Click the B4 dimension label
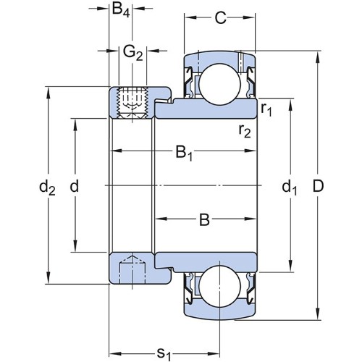click(121, 10)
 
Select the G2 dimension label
click(133, 53)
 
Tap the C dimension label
click(220, 17)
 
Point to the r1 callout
click(266, 109)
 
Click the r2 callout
click(245, 131)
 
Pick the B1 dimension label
click(184, 153)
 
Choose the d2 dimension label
click(47, 188)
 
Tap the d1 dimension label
click(290, 188)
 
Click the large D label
click(318, 186)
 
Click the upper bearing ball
click(220, 84)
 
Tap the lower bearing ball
click(220, 287)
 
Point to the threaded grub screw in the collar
click(132, 103)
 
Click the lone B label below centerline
click(204, 220)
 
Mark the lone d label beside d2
click(75, 186)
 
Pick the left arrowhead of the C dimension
click(190, 17)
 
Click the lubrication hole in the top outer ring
click(240, 62)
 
